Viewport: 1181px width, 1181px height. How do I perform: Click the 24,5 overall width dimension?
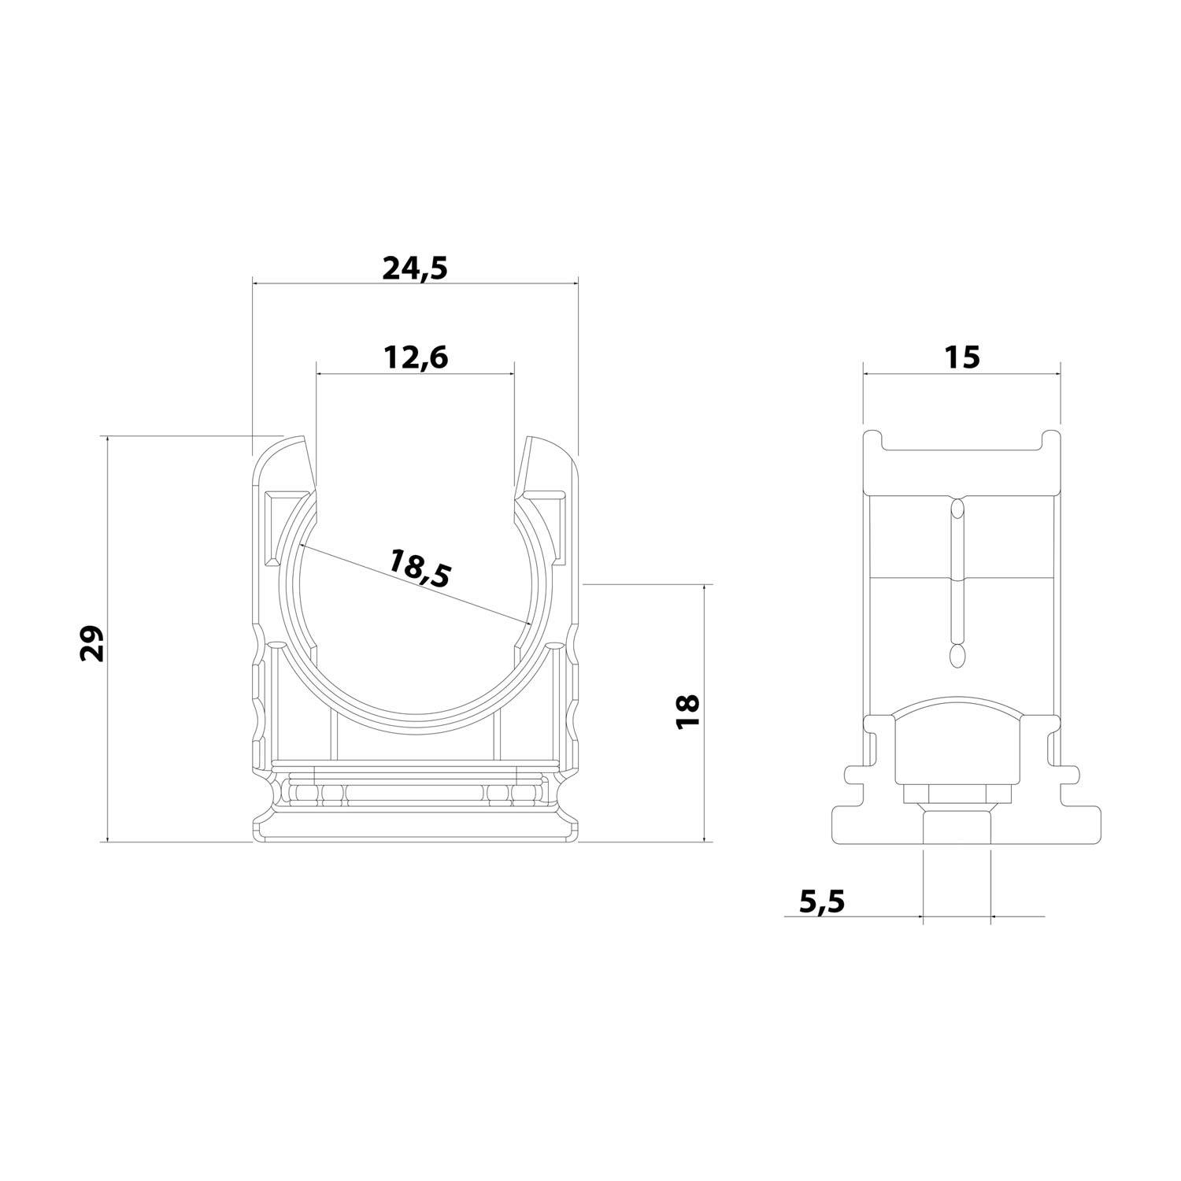tap(415, 268)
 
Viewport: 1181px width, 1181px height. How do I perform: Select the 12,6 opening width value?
tap(416, 357)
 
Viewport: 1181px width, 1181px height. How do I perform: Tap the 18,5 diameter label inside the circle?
tap(420, 568)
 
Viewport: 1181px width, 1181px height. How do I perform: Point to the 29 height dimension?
tap(92, 642)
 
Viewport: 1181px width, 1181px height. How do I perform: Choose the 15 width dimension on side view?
tap(961, 357)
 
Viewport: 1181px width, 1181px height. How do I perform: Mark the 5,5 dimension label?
tap(821, 900)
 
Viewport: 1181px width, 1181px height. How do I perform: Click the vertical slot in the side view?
tap(957, 583)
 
